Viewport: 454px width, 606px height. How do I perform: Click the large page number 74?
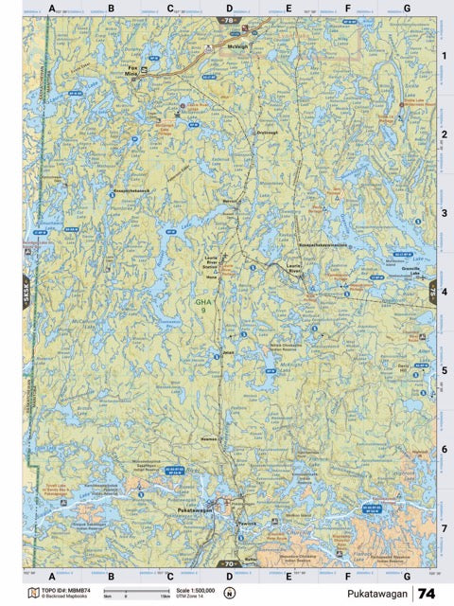427,593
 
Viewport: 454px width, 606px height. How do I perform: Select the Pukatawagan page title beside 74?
376,594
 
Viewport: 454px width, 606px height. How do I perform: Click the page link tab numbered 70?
228,562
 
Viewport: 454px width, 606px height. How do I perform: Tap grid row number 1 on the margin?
443,55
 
